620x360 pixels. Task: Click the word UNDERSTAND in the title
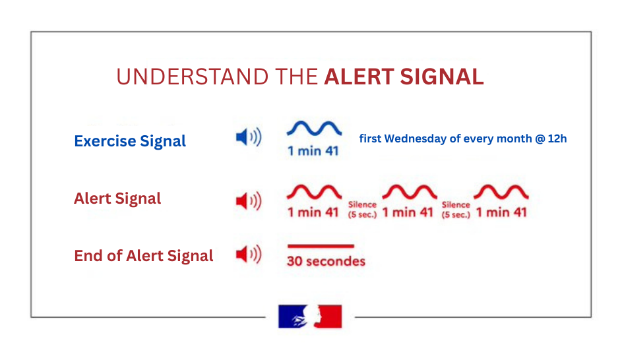(x=193, y=76)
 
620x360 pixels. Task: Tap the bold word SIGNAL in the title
(x=442, y=76)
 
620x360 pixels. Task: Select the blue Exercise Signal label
(x=130, y=141)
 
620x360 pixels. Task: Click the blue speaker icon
(x=248, y=137)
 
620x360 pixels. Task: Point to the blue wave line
(x=314, y=128)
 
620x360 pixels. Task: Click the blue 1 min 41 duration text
(x=313, y=150)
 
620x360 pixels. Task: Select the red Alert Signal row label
(x=117, y=198)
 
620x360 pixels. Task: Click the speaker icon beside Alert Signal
(x=248, y=201)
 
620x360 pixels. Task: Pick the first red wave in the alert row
(x=314, y=192)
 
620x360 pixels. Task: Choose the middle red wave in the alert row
(x=409, y=192)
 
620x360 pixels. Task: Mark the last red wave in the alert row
(x=501, y=192)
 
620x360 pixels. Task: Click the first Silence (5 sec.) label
(x=362, y=210)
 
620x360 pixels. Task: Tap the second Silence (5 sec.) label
(x=456, y=210)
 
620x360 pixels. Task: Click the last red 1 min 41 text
(x=501, y=212)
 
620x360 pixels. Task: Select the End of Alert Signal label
(x=144, y=256)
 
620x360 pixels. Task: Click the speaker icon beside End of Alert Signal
(x=248, y=254)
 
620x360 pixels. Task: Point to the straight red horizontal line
(x=321, y=246)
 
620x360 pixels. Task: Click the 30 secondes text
(x=326, y=261)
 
